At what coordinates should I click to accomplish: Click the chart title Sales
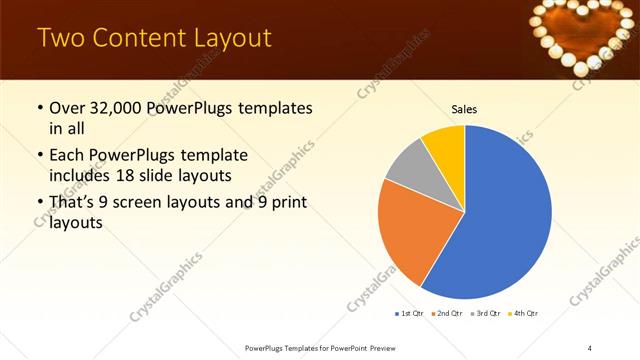click(x=464, y=109)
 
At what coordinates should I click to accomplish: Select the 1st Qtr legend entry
click(x=411, y=314)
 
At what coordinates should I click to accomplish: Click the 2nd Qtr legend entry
click(x=446, y=314)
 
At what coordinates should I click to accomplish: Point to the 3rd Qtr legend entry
click(x=485, y=314)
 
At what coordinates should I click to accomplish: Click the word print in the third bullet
click(x=287, y=205)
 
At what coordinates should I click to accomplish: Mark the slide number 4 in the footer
click(x=590, y=347)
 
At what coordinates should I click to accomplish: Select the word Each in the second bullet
click(x=67, y=156)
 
